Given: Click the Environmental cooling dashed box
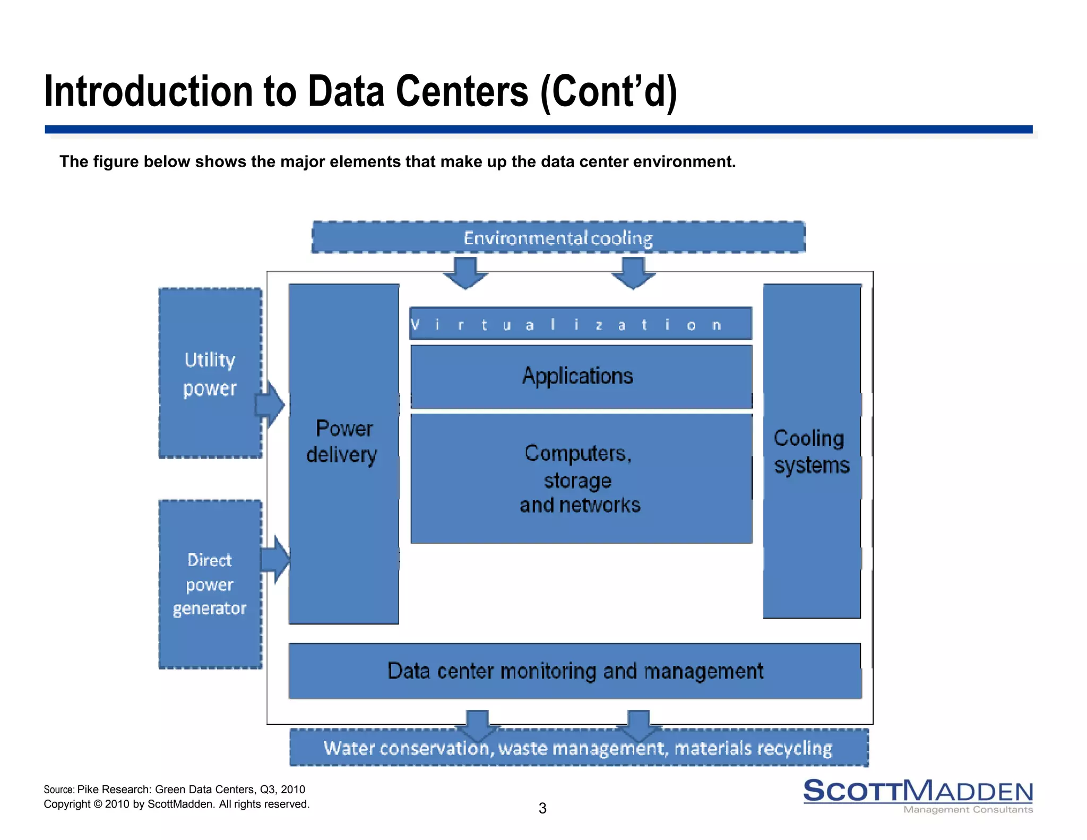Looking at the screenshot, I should pyautogui.click(x=558, y=237).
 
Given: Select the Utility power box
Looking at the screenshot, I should pyautogui.click(x=210, y=373).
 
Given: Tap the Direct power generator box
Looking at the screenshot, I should pyautogui.click(x=210, y=584).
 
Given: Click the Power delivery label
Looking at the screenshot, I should pyautogui.click(x=343, y=442).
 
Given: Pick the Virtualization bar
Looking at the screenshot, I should pyautogui.click(x=581, y=324).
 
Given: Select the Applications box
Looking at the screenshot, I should pyautogui.click(x=581, y=376).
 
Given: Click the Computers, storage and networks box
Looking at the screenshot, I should pyautogui.click(x=581, y=478).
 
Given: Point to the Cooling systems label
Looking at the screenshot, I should pyautogui.click(x=811, y=452).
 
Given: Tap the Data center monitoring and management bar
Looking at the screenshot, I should pyautogui.click(x=575, y=671).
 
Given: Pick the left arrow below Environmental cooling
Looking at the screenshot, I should pyautogui.click(x=465, y=272).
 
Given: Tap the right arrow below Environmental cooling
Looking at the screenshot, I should pyautogui.click(x=633, y=272).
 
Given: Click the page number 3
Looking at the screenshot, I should pyautogui.click(x=542, y=808).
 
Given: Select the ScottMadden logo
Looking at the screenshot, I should pyautogui.click(x=918, y=795).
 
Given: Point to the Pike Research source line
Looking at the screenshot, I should pyautogui.click(x=174, y=790).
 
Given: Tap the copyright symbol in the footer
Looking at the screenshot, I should pyautogui.click(x=98, y=804).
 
